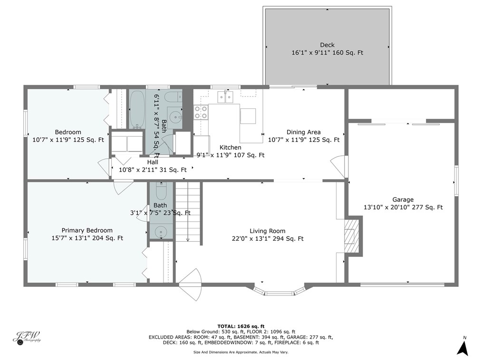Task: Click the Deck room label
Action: point(327,45)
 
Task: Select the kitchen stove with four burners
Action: point(201,112)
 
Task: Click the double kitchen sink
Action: point(225,97)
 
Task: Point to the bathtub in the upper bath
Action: point(137,110)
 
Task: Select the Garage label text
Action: point(403,199)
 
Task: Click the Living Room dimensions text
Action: point(267,239)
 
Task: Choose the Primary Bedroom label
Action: point(87,230)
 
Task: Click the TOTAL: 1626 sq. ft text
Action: point(241,327)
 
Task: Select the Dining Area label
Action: point(303,132)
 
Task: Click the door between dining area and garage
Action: point(340,166)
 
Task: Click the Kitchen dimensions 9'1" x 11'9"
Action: point(231,155)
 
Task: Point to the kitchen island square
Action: point(248,116)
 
